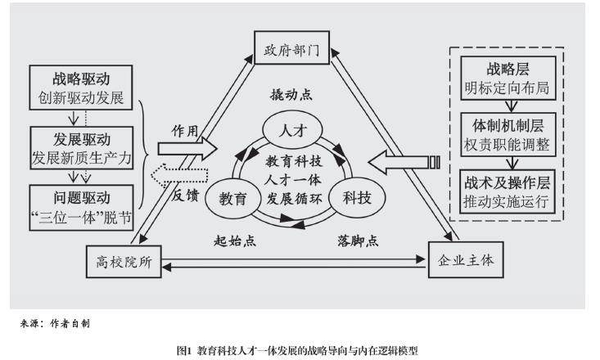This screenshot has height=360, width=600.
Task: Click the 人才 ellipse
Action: pos(292,131)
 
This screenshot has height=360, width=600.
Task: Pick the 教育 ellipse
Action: pos(234,196)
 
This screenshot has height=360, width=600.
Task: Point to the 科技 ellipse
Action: pos(352,196)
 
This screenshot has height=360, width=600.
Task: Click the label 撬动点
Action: pos(292,94)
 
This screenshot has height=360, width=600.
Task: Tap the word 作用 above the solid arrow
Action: pos(185,130)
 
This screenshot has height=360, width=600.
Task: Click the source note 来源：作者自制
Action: pos(55,323)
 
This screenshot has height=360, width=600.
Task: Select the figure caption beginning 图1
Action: pos(298,349)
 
